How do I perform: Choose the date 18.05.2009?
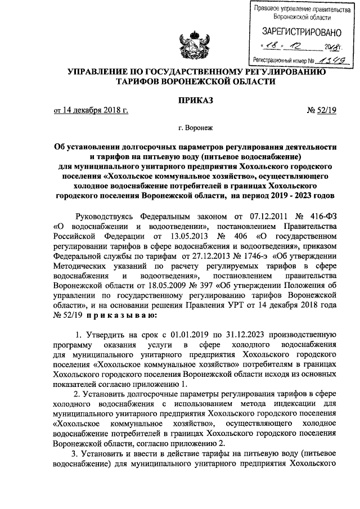tap(148, 286)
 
